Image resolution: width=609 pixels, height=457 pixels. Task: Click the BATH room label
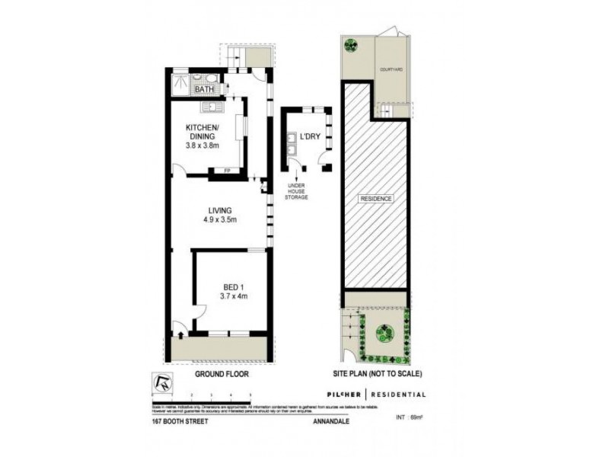tap(204, 90)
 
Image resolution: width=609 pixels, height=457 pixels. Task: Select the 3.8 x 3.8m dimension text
tap(202, 145)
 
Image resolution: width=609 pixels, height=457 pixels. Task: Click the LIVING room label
tap(221, 210)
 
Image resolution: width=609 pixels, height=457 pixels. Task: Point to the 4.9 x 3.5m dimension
tap(221, 221)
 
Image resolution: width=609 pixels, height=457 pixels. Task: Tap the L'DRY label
tap(310, 137)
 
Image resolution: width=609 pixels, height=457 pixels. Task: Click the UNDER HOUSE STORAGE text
tap(297, 191)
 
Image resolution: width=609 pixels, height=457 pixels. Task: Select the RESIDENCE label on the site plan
tap(377, 199)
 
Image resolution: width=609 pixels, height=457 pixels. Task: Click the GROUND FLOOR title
tap(222, 375)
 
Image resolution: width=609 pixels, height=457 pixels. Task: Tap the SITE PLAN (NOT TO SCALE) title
tap(377, 375)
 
